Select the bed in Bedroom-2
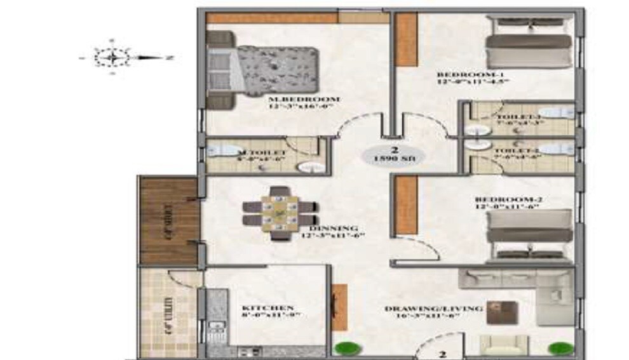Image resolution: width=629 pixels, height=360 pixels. tap(529, 232)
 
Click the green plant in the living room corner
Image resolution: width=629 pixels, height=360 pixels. tap(557, 348)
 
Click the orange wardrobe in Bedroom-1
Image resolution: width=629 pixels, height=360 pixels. tap(407, 39)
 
